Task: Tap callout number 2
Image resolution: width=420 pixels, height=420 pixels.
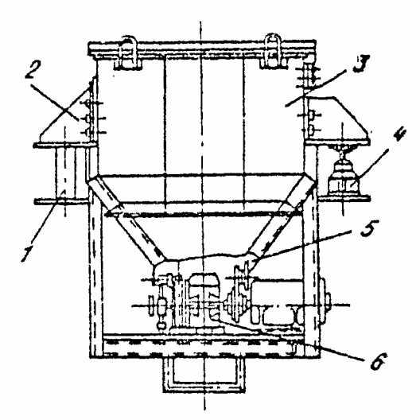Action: point(33,69)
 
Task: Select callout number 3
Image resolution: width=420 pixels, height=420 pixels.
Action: point(361,64)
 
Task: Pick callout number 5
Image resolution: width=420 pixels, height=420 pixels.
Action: point(370,228)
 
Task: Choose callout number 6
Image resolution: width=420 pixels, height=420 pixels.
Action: point(379,361)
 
